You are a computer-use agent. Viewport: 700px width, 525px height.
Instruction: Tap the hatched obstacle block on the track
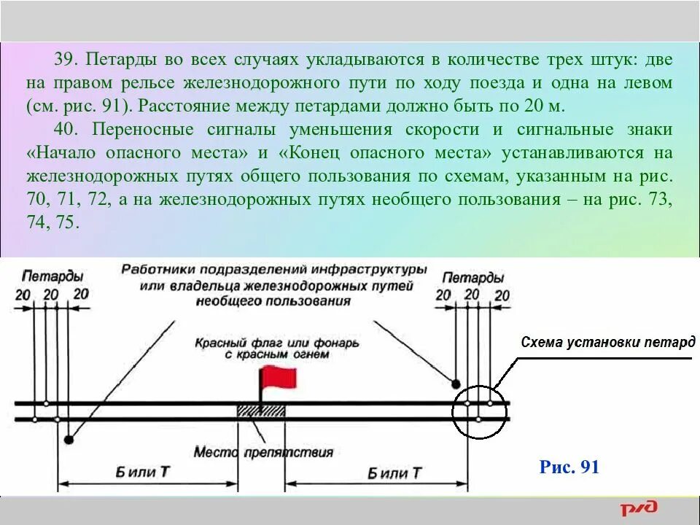(x=260, y=411)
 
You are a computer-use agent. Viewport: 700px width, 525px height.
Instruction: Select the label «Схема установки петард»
(x=607, y=342)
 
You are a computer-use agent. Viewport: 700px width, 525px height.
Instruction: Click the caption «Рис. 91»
(x=569, y=467)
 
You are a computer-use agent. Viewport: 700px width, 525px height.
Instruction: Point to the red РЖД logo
(x=639, y=507)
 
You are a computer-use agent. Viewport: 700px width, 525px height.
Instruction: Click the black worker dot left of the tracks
(x=69, y=440)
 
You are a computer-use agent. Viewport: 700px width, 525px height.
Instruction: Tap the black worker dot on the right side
(x=456, y=384)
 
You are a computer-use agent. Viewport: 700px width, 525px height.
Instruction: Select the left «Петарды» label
(x=52, y=277)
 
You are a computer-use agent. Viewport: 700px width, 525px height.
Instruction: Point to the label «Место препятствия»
(x=263, y=452)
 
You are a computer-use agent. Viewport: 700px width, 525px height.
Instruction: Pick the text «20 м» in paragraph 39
(x=543, y=106)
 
